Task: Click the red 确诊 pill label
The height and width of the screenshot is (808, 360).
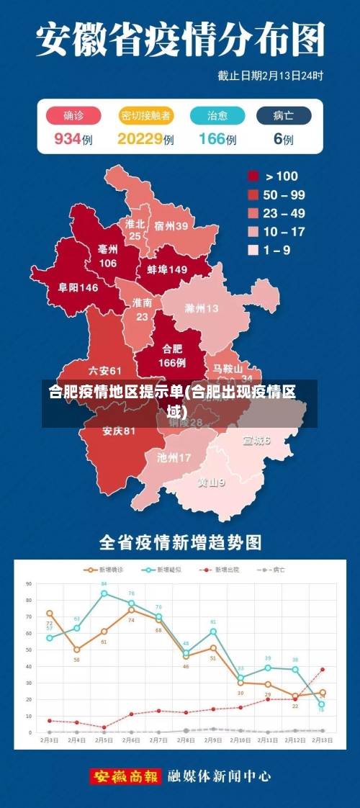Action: click(x=73, y=115)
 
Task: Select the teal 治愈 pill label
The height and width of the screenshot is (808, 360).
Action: click(x=217, y=115)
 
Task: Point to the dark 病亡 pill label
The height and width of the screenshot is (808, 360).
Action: click(x=284, y=115)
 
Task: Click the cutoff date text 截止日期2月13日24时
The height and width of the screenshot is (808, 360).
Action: click(x=270, y=75)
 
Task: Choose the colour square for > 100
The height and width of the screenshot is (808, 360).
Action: click(x=253, y=176)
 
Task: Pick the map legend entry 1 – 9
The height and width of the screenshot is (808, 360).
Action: click(x=277, y=250)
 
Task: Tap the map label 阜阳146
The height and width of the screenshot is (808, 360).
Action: click(x=78, y=287)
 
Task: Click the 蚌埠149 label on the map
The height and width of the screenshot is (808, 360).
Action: click(x=167, y=269)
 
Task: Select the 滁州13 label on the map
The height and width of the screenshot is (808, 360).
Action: click(x=201, y=309)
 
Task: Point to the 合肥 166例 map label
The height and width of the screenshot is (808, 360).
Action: click(x=172, y=356)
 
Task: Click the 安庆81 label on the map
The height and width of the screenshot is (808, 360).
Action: click(x=119, y=431)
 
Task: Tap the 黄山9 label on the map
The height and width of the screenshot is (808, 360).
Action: click(x=212, y=482)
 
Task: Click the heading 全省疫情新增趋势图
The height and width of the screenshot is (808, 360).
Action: click(x=180, y=542)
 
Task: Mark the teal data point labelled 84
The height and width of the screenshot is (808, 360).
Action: click(x=104, y=593)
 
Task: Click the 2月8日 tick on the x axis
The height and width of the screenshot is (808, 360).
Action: click(x=186, y=740)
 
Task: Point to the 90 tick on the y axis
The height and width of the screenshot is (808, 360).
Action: click(x=29, y=583)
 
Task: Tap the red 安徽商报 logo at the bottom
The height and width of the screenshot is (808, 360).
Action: click(x=125, y=776)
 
